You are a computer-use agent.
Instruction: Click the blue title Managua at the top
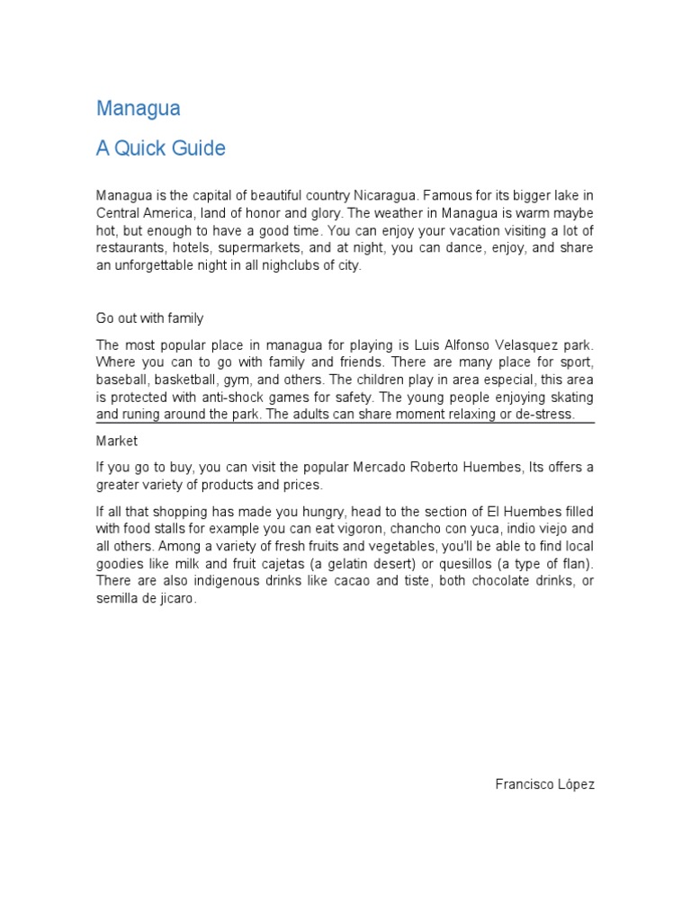139,109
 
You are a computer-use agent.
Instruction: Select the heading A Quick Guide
161,148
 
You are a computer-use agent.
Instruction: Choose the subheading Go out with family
150,317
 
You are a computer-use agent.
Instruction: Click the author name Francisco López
545,784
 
